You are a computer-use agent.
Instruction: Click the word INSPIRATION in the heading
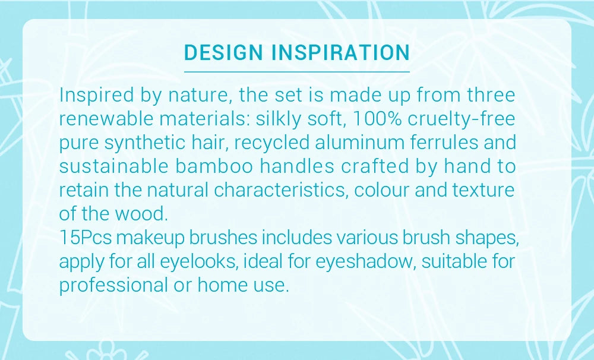tap(340, 52)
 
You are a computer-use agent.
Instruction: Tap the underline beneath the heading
tap(297, 71)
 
